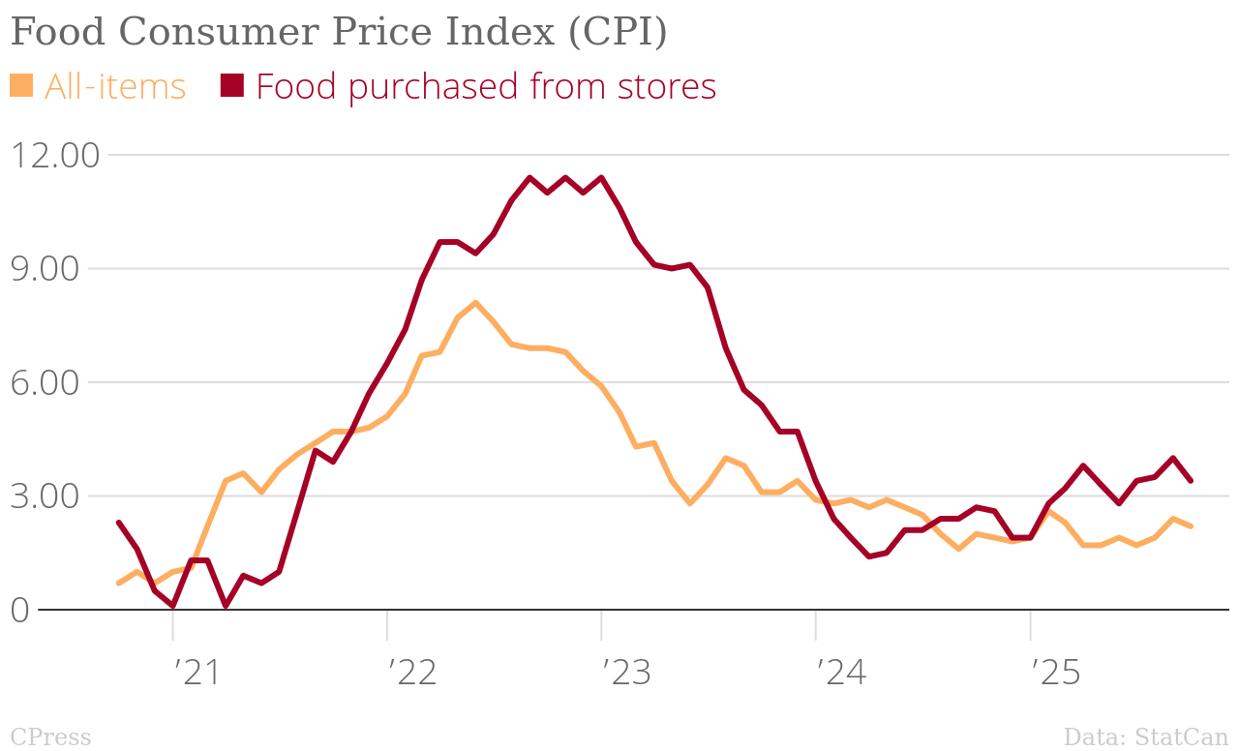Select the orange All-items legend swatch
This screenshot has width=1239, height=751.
21,85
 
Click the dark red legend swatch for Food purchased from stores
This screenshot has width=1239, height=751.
232,85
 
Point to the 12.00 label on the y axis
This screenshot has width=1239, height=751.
54,155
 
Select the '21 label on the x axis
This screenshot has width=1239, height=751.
196,673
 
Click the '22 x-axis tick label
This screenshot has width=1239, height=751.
411,673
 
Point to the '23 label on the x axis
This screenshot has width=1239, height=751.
626,673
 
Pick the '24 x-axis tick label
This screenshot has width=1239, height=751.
840,673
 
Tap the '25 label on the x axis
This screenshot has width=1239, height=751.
1055,673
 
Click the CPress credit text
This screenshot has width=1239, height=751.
50,737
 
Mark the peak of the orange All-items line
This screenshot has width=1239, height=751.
475,303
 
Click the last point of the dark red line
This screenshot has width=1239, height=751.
1191,480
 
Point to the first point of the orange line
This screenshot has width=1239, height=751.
118,584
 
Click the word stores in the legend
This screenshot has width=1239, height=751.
666,86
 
